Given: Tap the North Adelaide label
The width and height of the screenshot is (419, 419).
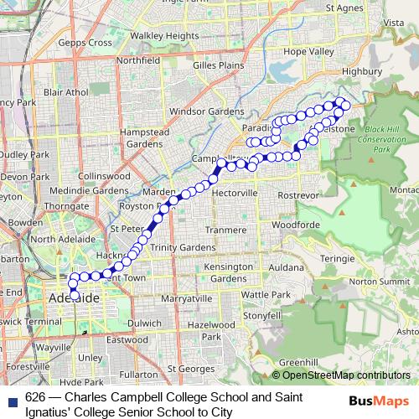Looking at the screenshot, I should click(56, 240).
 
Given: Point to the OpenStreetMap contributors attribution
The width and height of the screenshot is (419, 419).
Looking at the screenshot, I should click(341, 375).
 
